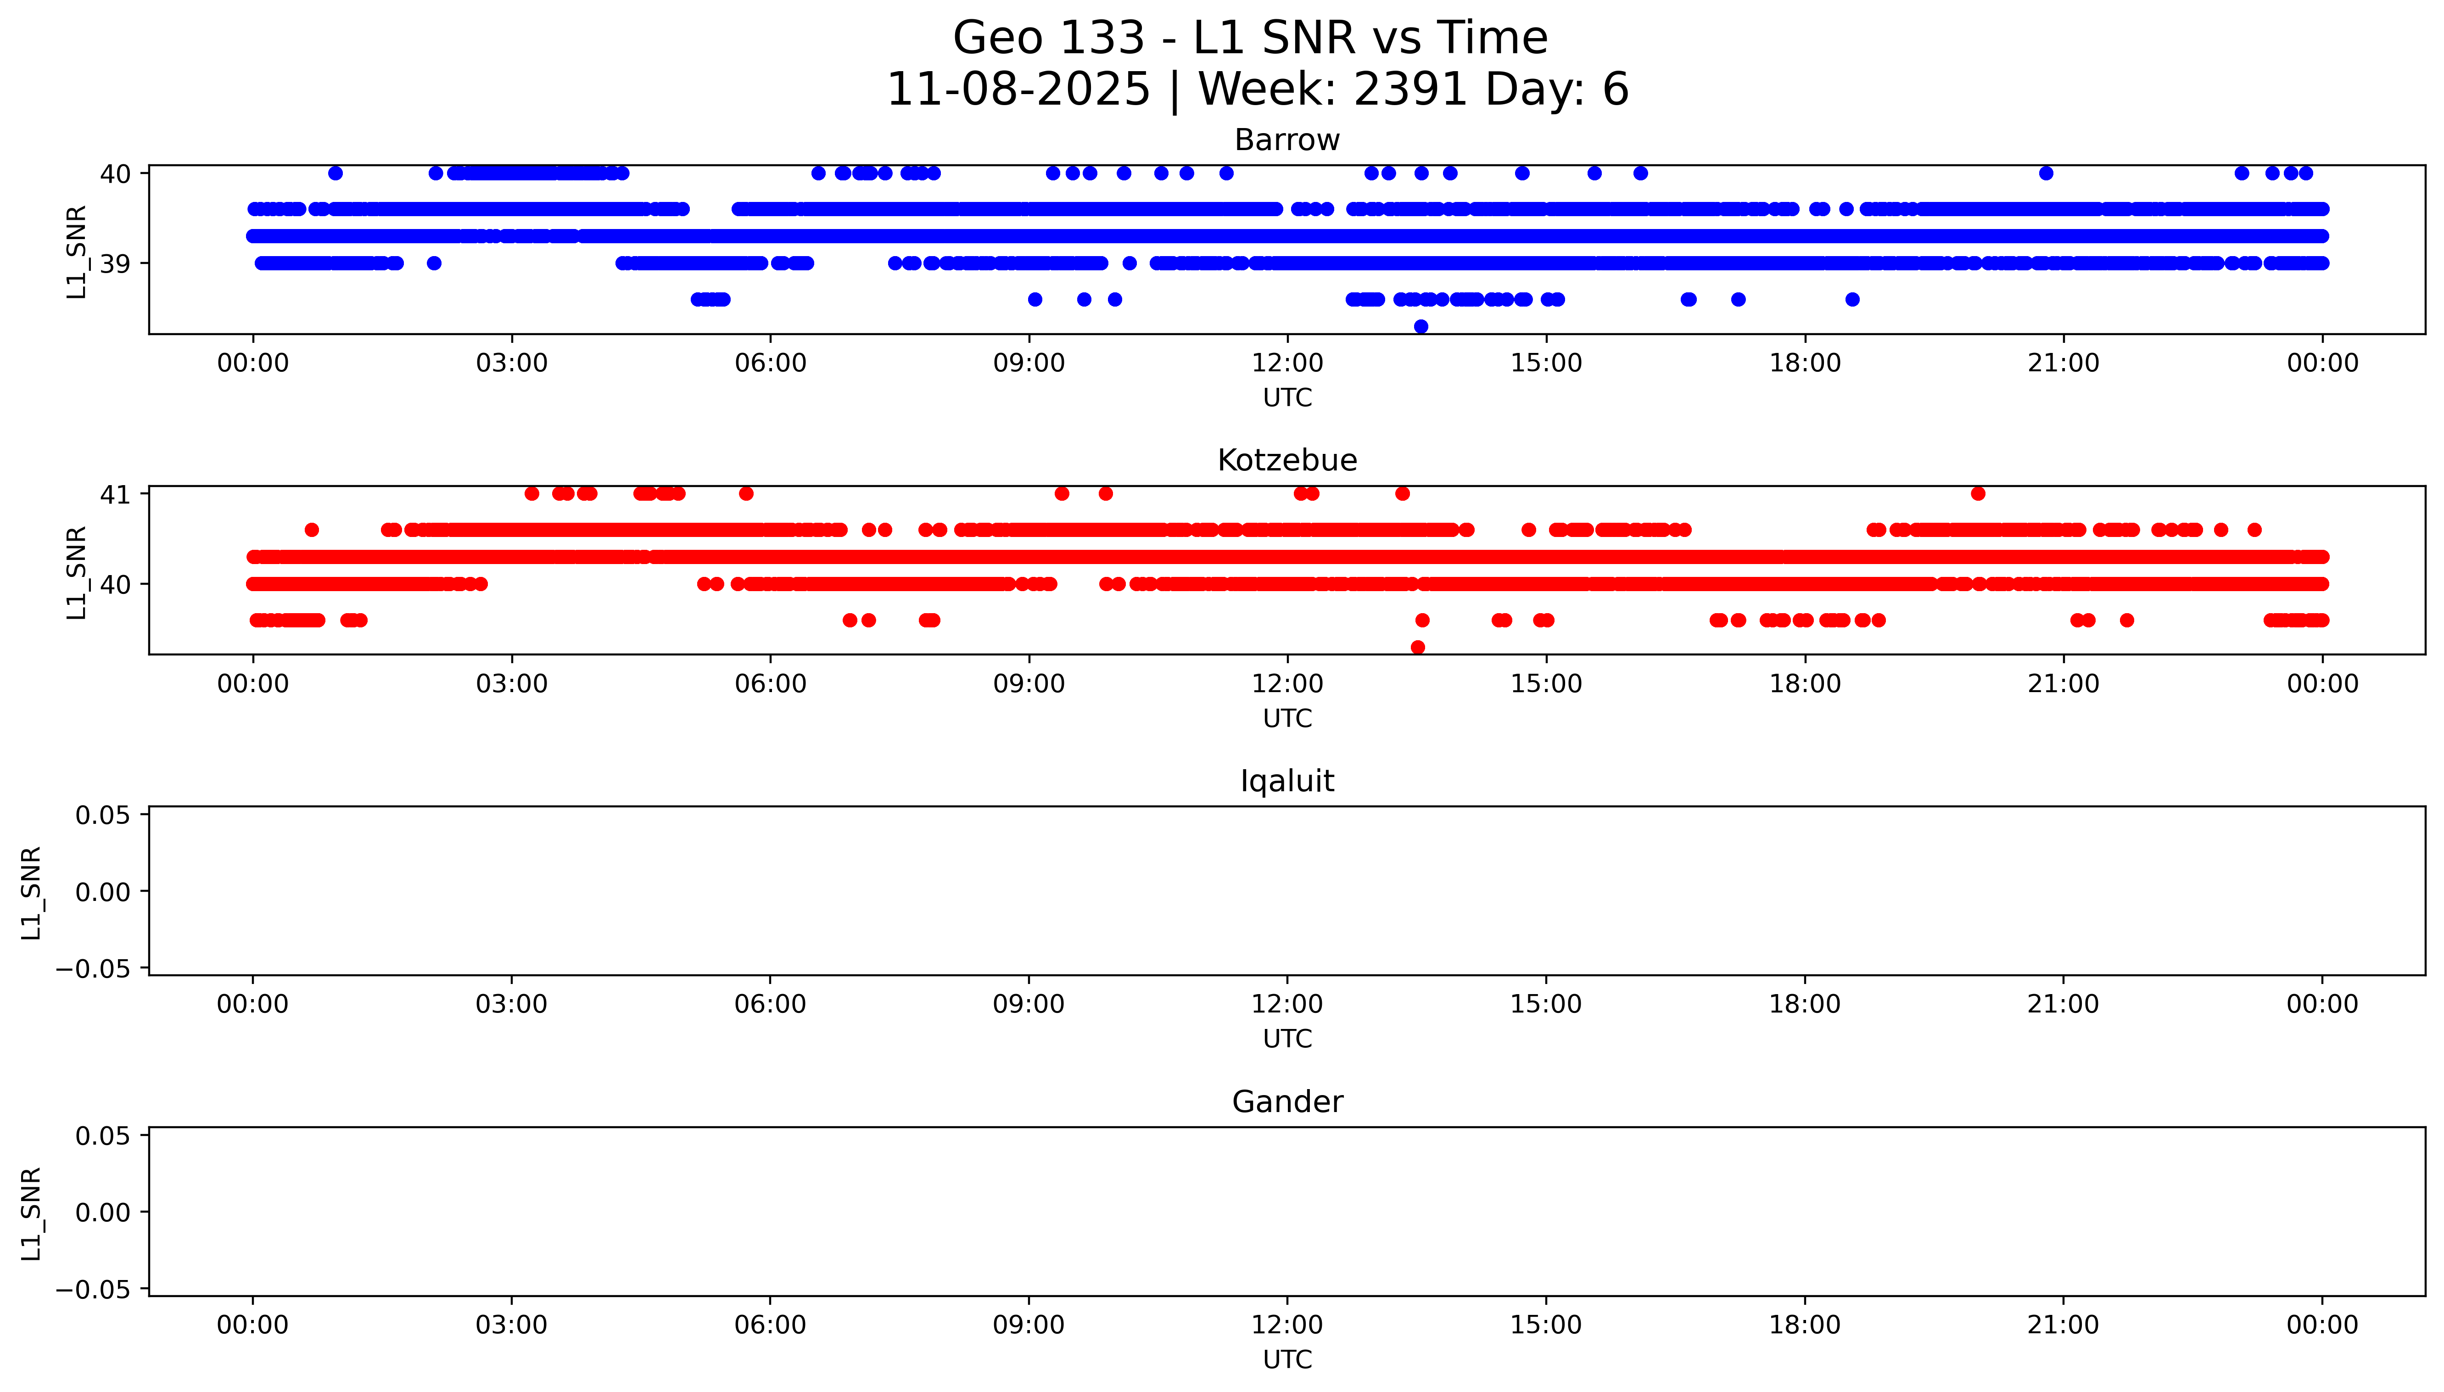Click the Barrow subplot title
(x=1286, y=140)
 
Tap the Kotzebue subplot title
(x=1286, y=461)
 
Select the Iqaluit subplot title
(x=1286, y=781)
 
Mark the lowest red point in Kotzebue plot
(x=1417, y=647)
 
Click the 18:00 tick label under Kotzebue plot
(x=1805, y=683)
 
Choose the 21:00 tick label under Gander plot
(x=2063, y=1325)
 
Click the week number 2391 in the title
(x=1410, y=90)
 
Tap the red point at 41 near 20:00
(x=1978, y=493)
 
